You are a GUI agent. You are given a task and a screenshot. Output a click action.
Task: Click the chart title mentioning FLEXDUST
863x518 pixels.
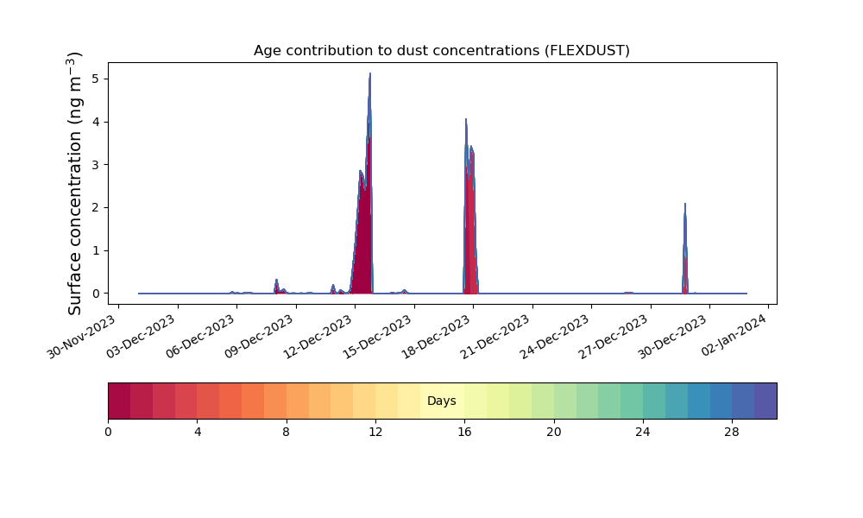pyautogui.click(x=441, y=51)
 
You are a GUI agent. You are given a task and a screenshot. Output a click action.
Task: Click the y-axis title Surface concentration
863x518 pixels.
pyautogui.click(x=75, y=183)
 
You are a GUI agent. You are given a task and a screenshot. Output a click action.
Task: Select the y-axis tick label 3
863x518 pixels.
pyautogui.click(x=97, y=165)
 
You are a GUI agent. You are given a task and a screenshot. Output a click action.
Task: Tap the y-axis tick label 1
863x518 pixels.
pyautogui.click(x=97, y=250)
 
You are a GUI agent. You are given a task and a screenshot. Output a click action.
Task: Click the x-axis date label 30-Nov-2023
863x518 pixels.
pyautogui.click(x=82, y=337)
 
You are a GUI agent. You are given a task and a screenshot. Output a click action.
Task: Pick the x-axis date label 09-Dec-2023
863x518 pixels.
pyautogui.click(x=260, y=337)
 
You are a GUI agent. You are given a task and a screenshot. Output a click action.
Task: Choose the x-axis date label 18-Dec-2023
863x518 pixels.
pyautogui.click(x=437, y=337)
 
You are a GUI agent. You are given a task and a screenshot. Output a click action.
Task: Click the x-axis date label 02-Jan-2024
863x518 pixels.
pyautogui.click(x=734, y=335)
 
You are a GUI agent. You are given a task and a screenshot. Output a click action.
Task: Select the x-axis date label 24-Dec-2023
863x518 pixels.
pyautogui.click(x=555, y=337)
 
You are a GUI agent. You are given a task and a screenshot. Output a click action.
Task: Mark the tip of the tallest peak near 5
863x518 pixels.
pyautogui.click(x=370, y=73)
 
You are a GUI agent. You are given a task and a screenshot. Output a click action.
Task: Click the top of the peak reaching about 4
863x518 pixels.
pyautogui.click(x=466, y=119)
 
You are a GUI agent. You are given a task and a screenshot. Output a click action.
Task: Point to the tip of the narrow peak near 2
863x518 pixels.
pyautogui.click(x=685, y=204)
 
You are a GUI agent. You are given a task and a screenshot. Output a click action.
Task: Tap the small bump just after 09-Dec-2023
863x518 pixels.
pyautogui.click(x=276, y=280)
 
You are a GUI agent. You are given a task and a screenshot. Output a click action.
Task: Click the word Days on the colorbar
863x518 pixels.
pyautogui.click(x=441, y=401)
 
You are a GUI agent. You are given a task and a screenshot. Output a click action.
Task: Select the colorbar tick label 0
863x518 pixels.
pyautogui.click(x=108, y=433)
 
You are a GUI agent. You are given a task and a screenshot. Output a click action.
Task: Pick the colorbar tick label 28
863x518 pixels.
pyautogui.click(x=732, y=433)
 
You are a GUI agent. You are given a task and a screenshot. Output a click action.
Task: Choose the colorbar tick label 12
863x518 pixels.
pyautogui.click(x=375, y=433)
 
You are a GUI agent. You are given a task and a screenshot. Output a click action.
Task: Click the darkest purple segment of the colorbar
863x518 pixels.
pyautogui.click(x=765, y=401)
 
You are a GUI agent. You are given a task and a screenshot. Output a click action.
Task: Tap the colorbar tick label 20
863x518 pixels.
pyautogui.click(x=554, y=433)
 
